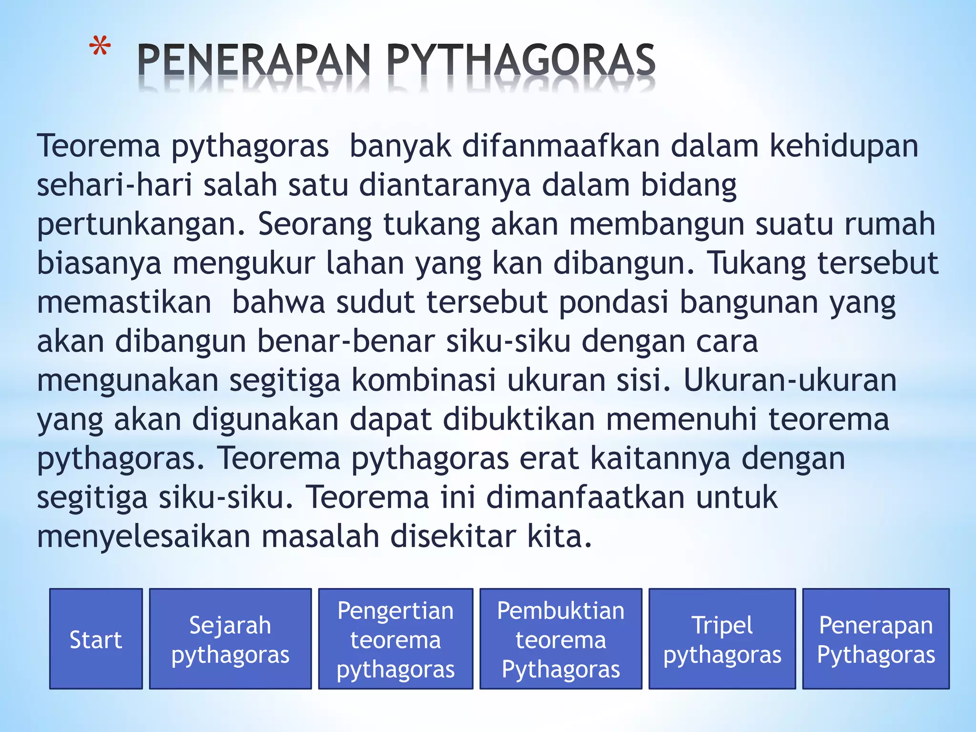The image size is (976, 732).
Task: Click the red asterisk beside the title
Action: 100,48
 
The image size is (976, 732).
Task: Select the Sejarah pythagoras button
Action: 230,639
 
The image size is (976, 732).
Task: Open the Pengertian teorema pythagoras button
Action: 396,639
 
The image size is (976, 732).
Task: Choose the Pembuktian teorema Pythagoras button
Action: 560,639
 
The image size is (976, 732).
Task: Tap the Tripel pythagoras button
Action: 722,639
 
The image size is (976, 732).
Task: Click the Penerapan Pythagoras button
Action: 876,639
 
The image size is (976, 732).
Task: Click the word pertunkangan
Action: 142,224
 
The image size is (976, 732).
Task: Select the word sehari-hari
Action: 114,185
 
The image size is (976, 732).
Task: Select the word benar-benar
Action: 346,342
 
